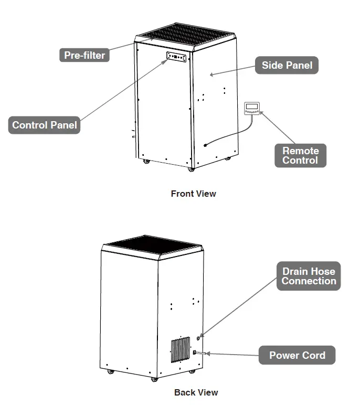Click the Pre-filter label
(84, 55)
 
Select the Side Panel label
(287, 66)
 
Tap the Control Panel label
(45, 125)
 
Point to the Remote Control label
(300, 155)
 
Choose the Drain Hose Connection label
(309, 276)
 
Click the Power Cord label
(297, 355)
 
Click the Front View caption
(193, 194)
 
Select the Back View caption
(196, 392)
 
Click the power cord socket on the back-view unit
(195, 352)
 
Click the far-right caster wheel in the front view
(228, 158)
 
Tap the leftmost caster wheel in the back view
(111, 372)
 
